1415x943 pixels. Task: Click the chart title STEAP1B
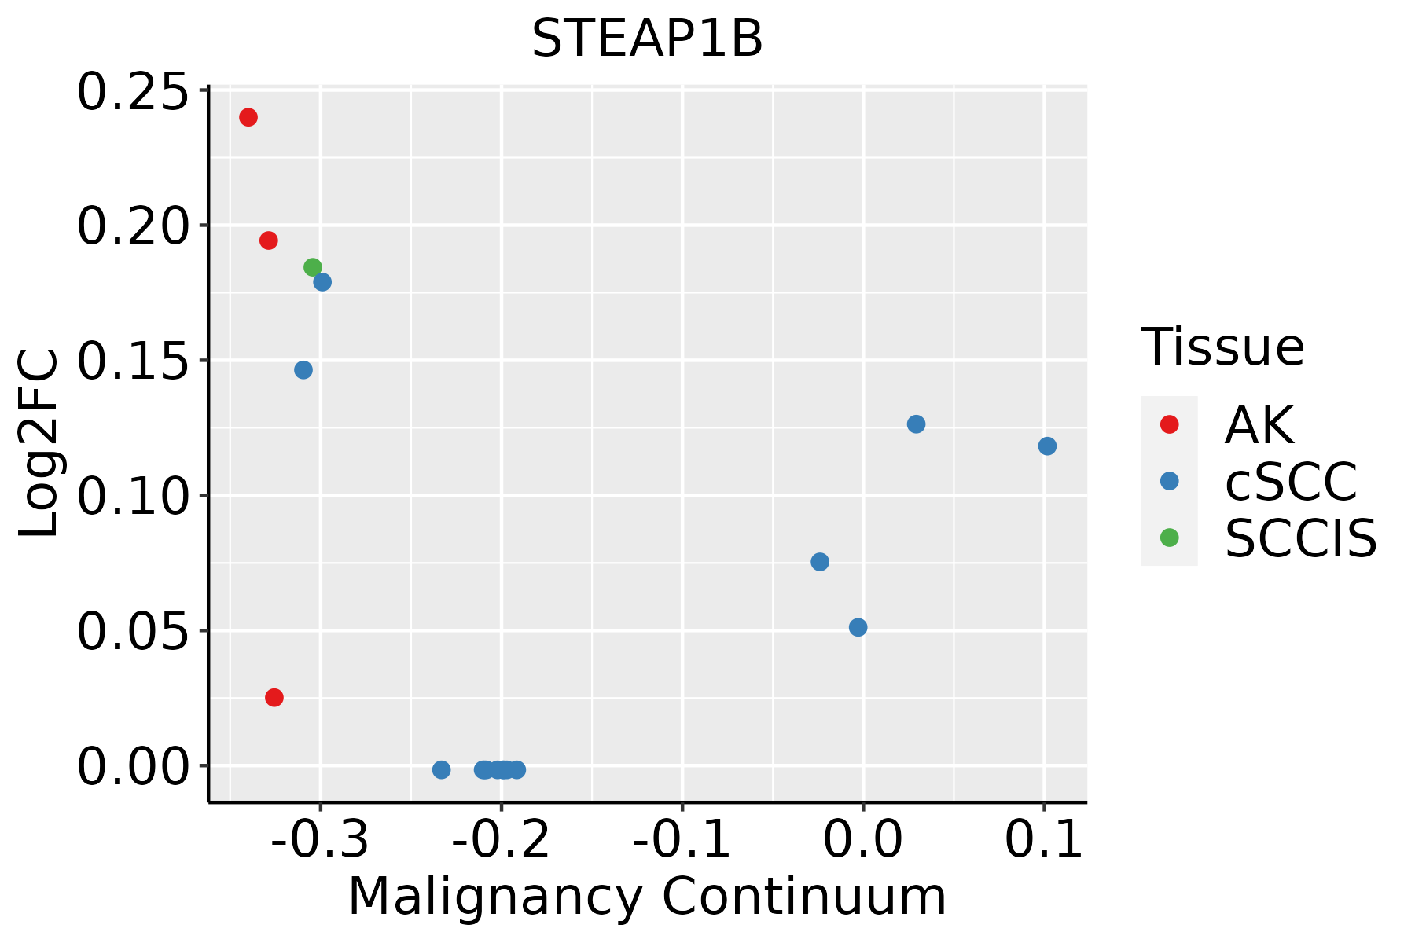[x=647, y=39]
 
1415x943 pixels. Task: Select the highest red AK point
[x=248, y=117]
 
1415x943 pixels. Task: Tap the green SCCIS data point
[x=313, y=267]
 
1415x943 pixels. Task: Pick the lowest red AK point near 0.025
[x=274, y=697]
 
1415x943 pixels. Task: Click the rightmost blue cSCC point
[x=1047, y=446]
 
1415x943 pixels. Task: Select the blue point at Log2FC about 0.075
[x=820, y=562]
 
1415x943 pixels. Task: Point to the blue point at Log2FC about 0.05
[x=858, y=627]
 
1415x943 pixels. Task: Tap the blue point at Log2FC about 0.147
[x=303, y=370]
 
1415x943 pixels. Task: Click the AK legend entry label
[x=1259, y=425]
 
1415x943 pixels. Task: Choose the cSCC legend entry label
[x=1291, y=482]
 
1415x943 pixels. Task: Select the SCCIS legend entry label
[x=1301, y=538]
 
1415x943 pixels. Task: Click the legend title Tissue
[x=1222, y=347]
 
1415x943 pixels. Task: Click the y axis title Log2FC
[x=39, y=444]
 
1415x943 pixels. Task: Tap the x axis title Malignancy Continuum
[x=647, y=897]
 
